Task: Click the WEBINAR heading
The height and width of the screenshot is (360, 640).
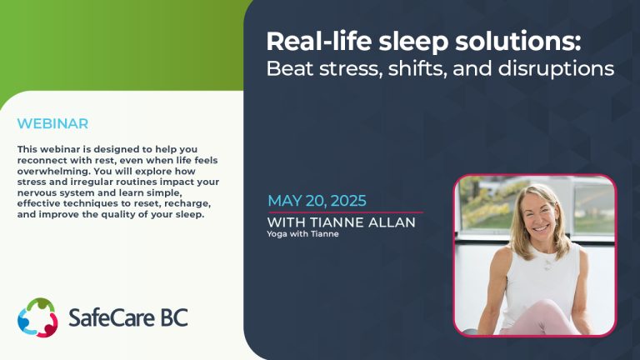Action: [x=52, y=123]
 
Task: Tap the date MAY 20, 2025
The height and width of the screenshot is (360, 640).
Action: [x=317, y=201]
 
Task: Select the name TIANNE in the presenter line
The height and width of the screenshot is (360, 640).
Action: [x=337, y=222]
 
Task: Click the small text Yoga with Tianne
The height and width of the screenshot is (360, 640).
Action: [x=302, y=234]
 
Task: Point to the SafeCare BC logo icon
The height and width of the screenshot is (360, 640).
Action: [x=37, y=317]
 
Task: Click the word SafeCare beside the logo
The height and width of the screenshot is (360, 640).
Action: [x=112, y=318]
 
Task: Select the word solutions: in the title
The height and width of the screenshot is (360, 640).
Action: [x=518, y=41]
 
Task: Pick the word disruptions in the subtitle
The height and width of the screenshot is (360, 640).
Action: [x=556, y=68]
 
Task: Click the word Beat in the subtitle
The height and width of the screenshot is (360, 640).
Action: [x=290, y=68]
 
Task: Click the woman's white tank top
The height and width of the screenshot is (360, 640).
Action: [x=539, y=277]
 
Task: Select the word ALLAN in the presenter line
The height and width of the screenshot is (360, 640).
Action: [x=392, y=222]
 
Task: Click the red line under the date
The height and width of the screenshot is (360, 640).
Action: [x=345, y=212]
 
